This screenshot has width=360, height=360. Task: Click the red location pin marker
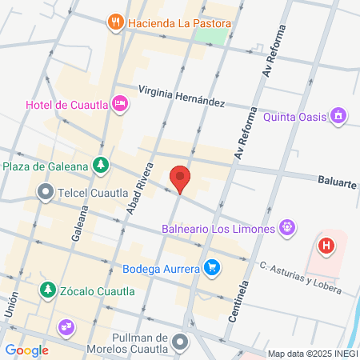coord(181,178)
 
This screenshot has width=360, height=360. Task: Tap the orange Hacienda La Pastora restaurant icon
coord(118,22)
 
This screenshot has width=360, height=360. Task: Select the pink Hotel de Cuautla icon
coord(120,102)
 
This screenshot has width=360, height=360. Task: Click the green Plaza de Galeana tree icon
coord(100,166)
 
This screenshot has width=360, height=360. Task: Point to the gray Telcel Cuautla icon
coord(46,192)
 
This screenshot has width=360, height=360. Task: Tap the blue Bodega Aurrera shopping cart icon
coord(211,268)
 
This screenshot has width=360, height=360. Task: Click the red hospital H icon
coord(326,246)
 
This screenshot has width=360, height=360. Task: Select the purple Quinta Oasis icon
coord(339,117)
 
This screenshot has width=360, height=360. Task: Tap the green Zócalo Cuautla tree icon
coord(48,290)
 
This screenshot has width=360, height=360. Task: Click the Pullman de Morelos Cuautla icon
coord(181,342)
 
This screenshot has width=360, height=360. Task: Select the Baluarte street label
coord(336,183)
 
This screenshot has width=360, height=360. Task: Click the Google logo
coord(26,350)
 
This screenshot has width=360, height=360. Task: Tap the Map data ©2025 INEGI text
coord(311,354)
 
